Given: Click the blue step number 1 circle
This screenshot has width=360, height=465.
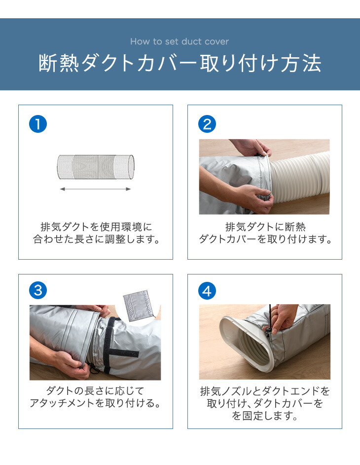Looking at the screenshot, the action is (x=38, y=124).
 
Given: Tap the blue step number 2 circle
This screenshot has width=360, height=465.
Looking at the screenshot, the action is (x=207, y=124).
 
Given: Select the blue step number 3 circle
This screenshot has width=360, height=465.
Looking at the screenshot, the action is (x=38, y=290).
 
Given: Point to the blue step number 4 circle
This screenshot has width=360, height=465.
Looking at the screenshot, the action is (x=207, y=291).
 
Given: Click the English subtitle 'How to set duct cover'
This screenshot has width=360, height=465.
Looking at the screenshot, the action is (x=180, y=41).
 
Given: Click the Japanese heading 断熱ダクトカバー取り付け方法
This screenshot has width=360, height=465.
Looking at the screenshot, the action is (x=180, y=63).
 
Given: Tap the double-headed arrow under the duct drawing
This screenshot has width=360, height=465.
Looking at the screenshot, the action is (x=95, y=189).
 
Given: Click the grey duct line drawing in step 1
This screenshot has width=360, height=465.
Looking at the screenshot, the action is (x=95, y=167).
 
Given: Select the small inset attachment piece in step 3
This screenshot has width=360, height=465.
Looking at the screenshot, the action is (x=139, y=306).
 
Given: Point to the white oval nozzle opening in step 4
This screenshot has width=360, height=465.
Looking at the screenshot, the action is (x=248, y=344).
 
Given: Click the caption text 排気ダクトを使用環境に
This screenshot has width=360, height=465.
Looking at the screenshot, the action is (x=96, y=227).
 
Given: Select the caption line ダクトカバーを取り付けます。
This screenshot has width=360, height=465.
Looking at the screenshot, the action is (x=265, y=239).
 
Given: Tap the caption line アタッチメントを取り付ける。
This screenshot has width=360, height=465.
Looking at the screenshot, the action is (x=95, y=403).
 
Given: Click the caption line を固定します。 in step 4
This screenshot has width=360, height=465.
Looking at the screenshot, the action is (x=265, y=416).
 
